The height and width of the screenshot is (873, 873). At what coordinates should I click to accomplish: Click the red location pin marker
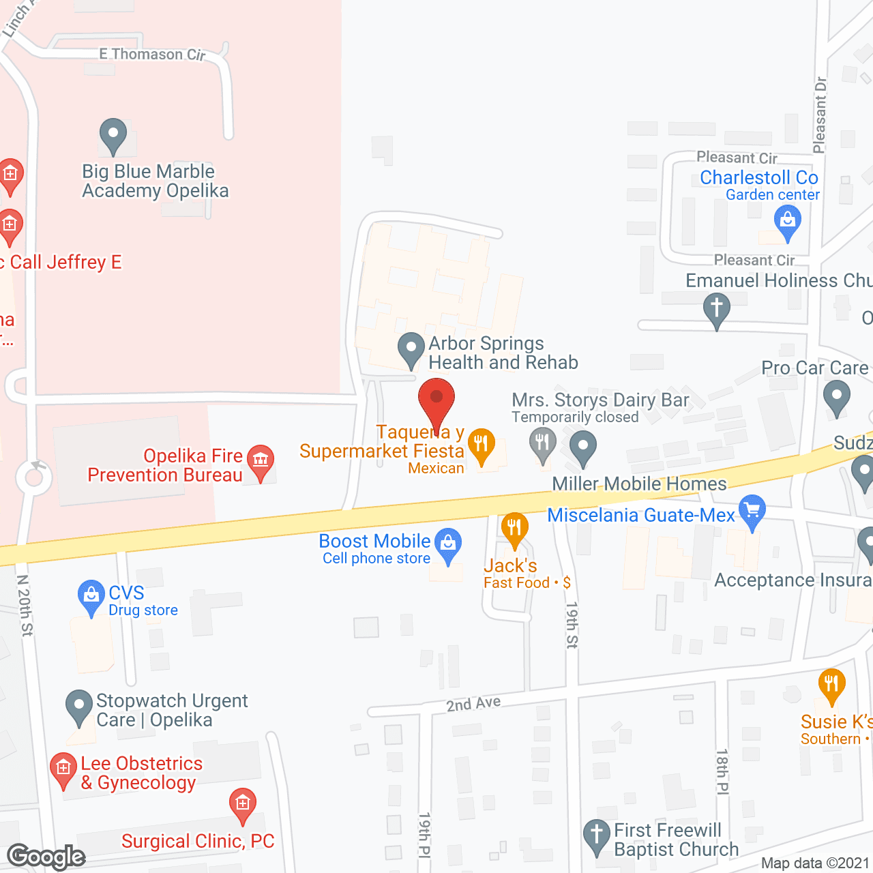(436, 399)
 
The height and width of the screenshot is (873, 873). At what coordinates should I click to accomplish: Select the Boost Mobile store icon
(448, 544)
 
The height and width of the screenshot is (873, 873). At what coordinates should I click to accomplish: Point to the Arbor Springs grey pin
(411, 349)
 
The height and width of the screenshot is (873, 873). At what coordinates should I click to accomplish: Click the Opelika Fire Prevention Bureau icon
(261, 460)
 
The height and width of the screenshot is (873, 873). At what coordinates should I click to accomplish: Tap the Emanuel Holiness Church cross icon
(716, 308)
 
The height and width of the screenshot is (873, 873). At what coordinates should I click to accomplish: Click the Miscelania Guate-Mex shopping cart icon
(752, 510)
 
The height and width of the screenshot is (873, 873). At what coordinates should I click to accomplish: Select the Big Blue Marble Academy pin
(113, 134)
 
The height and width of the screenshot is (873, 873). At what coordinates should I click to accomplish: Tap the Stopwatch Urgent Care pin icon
(79, 706)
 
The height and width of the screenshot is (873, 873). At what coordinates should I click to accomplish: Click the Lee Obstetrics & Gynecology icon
(63, 769)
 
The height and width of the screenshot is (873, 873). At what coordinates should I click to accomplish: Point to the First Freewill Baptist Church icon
(597, 835)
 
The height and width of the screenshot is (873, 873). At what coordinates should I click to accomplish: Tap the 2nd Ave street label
(473, 704)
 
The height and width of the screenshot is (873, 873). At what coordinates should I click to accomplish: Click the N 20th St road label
(25, 606)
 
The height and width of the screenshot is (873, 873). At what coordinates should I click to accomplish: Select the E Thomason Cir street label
(152, 54)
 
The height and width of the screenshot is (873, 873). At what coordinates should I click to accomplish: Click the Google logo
(46, 857)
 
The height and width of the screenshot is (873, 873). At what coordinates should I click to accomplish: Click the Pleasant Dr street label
(820, 115)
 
